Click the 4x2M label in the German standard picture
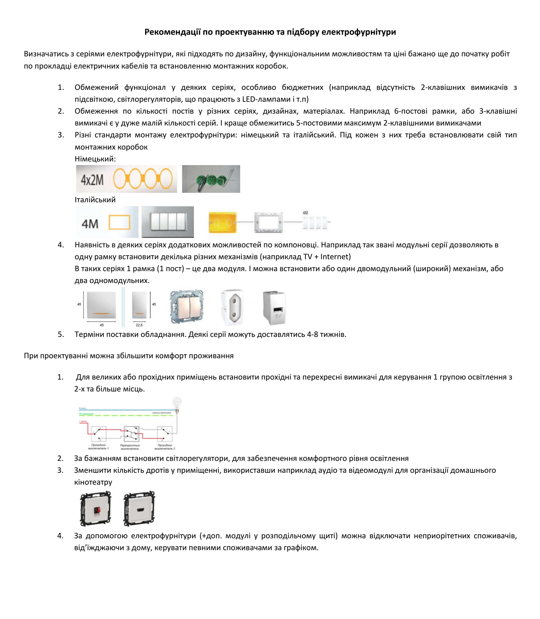click(92, 180)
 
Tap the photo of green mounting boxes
click(211, 179)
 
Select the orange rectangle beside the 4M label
click(119, 222)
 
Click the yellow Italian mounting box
click(223, 222)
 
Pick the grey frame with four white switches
click(168, 222)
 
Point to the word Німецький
click(95, 159)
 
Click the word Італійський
click(95, 200)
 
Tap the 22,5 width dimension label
click(139, 325)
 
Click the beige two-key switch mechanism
click(187, 307)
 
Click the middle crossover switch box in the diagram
click(131, 434)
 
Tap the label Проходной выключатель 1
click(98, 447)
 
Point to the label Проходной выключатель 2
click(165, 447)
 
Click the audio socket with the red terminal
click(96, 508)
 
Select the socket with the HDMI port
click(139, 508)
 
